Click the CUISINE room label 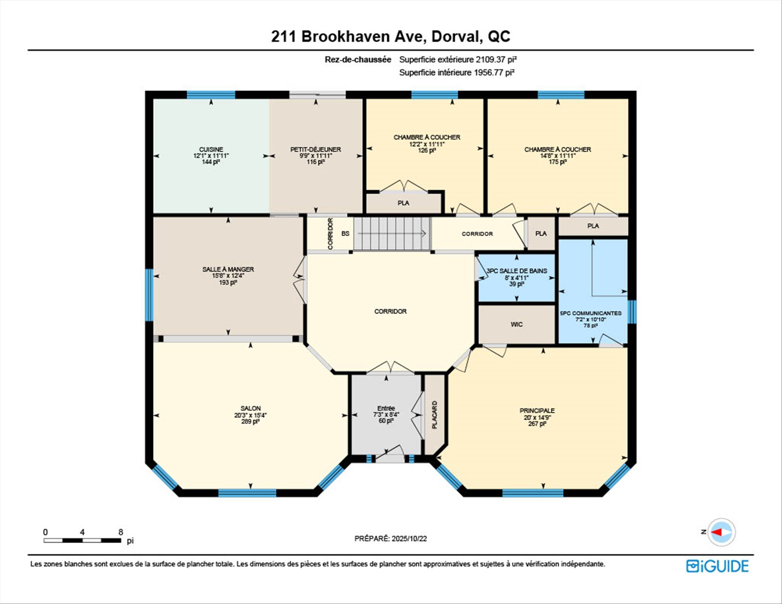point(211,149)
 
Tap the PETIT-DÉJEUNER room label point(316,149)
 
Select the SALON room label point(250,409)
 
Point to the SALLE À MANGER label point(228,269)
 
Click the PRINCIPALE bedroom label point(537,411)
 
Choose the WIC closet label point(516,325)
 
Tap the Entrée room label point(386,408)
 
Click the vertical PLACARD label point(434,415)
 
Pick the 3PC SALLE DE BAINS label point(516,271)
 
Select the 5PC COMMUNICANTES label point(591,313)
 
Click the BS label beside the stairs point(345,234)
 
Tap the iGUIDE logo point(717,566)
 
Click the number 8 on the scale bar point(121,532)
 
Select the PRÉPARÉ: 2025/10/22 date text point(391,538)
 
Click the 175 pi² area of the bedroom point(558,162)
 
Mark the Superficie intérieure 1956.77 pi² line point(457,72)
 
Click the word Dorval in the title point(456,37)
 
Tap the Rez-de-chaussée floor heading point(358,59)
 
